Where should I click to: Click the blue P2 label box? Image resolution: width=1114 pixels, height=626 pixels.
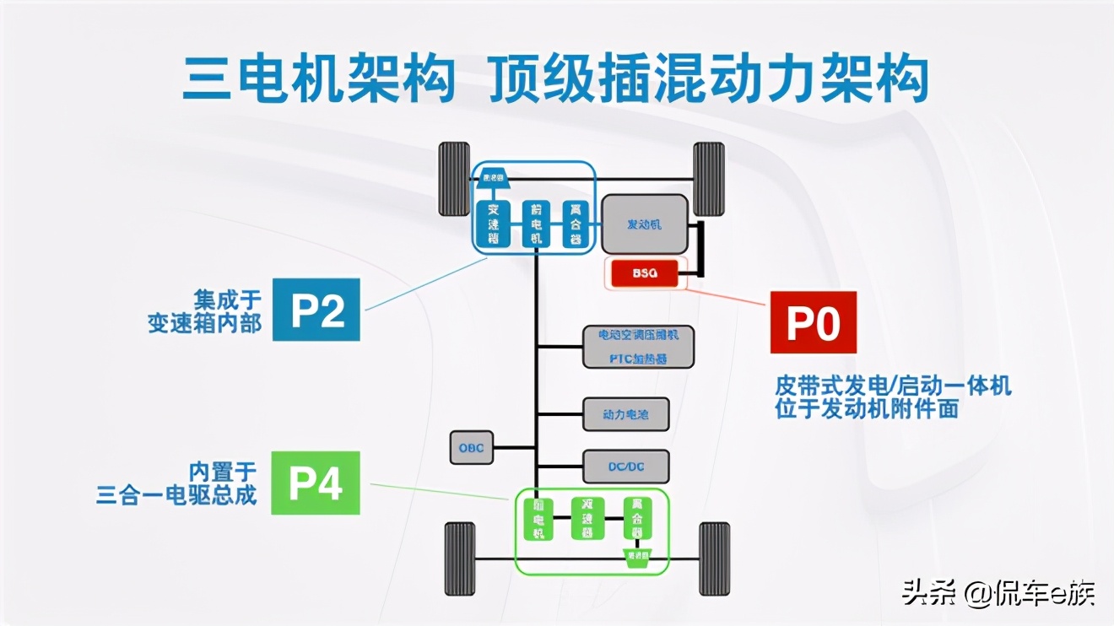point(316,310)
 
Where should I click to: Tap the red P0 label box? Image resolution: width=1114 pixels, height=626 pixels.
point(813,323)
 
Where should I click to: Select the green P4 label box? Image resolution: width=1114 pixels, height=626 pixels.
point(316,483)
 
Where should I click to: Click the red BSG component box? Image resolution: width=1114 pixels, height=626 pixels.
point(645,273)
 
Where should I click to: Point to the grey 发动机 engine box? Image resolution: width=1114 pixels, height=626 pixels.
point(644,224)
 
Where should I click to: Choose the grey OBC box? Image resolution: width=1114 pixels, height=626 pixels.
point(472,447)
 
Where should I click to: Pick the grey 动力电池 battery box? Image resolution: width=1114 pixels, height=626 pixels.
point(626,414)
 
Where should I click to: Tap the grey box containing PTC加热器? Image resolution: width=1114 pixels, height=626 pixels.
point(639,346)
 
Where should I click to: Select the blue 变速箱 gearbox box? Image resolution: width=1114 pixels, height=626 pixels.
point(493,224)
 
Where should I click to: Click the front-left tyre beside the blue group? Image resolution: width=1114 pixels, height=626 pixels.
point(454,179)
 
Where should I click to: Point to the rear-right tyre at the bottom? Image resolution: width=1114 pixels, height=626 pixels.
point(714,559)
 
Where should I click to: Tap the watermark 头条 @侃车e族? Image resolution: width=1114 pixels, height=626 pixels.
point(998,594)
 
